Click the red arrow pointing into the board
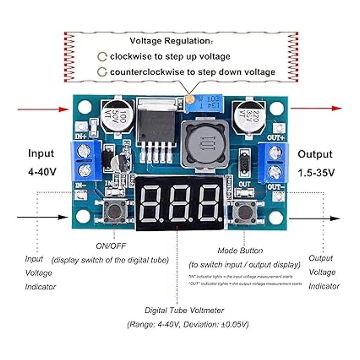(x=43, y=109)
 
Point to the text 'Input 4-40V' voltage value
(x=42, y=172)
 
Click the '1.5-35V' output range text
(x=316, y=173)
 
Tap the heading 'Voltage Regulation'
(x=170, y=40)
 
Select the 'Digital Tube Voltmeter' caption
(x=184, y=310)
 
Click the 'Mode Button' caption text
(x=240, y=250)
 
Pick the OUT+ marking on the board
(x=275, y=138)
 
